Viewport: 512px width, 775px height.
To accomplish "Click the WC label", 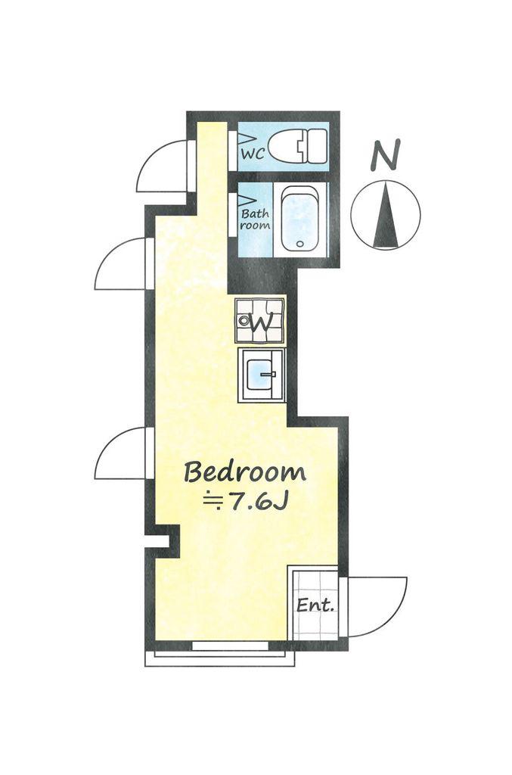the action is pyautogui.click(x=253, y=153).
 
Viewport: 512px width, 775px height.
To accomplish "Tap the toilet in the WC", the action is pyautogui.click(x=298, y=146).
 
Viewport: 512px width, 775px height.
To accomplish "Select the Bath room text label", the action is pyautogui.click(x=256, y=219).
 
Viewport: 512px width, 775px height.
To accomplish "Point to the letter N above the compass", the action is pyautogui.click(x=385, y=154).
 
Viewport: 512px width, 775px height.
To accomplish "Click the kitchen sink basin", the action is pyautogui.click(x=260, y=375).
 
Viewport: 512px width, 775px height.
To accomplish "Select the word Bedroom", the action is pyautogui.click(x=245, y=472).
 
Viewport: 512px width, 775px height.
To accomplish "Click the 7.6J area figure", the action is pyautogui.click(x=259, y=503).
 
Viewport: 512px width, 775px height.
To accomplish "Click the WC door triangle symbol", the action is pyautogui.click(x=247, y=138).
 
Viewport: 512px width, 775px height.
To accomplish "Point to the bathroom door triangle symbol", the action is pyautogui.click(x=247, y=201).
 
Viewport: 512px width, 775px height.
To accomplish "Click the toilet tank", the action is pyautogui.click(x=317, y=146).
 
